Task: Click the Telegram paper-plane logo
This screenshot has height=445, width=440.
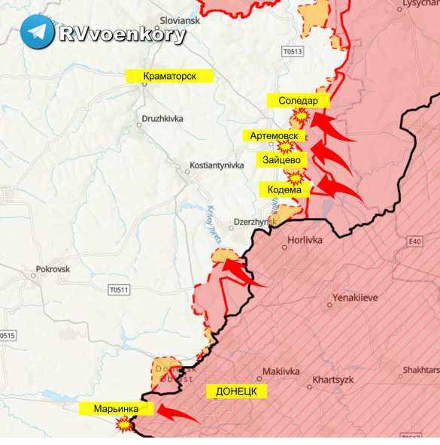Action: coord(37,32)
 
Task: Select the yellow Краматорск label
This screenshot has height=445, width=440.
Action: coord(170,76)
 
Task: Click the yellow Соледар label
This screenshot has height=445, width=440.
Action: coord(299,101)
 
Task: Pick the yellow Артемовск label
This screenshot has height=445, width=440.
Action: coord(274,136)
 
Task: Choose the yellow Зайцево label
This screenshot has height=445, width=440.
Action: coord(283,160)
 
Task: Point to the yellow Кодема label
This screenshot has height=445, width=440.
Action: coord(284,190)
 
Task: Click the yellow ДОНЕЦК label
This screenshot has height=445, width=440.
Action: coord(236,392)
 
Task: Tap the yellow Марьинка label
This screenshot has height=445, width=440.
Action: coord(116,408)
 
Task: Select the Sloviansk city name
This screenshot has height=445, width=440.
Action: coord(180,21)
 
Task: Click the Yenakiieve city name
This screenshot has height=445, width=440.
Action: coord(353,298)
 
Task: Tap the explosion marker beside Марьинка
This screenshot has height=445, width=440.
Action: coord(123,425)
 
